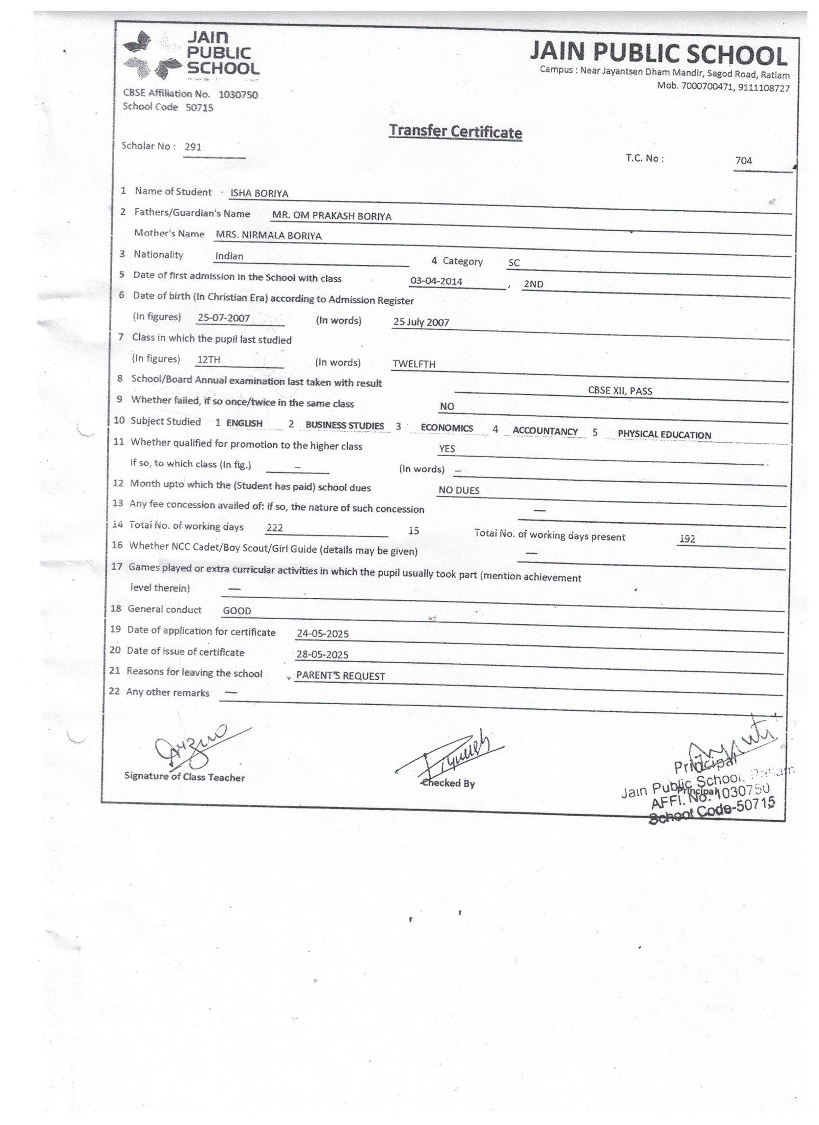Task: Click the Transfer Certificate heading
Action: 455,131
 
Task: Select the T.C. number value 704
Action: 743,161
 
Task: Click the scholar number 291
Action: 193,147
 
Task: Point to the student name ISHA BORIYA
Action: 260,194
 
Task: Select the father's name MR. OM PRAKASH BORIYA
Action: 332,216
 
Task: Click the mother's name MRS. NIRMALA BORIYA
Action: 269,236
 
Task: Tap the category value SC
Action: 513,263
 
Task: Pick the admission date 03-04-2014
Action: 437,281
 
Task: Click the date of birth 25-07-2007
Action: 224,318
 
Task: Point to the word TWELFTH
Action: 414,364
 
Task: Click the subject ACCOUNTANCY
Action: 545,431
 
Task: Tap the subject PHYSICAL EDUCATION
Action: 664,435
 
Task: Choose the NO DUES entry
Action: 459,490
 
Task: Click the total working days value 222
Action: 275,528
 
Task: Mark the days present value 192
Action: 687,538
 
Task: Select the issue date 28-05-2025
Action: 322,655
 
